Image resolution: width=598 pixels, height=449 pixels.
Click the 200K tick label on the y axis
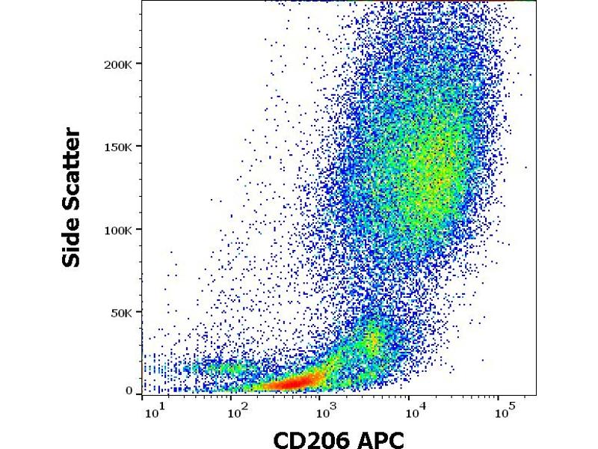pyautogui.click(x=119, y=64)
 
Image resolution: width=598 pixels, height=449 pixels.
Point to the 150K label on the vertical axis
pyautogui.click(x=119, y=147)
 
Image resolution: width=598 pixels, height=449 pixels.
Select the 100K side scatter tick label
pyautogui.click(x=119, y=230)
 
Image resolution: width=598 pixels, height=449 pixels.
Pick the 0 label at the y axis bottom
pyautogui.click(x=129, y=391)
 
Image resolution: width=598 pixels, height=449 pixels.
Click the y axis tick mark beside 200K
pyautogui.click(x=139, y=64)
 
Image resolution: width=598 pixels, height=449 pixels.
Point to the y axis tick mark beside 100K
pyautogui.click(x=139, y=230)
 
